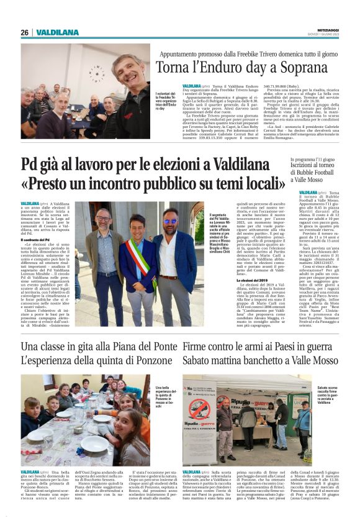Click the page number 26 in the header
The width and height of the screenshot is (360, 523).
pyautogui.click(x=24, y=32)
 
